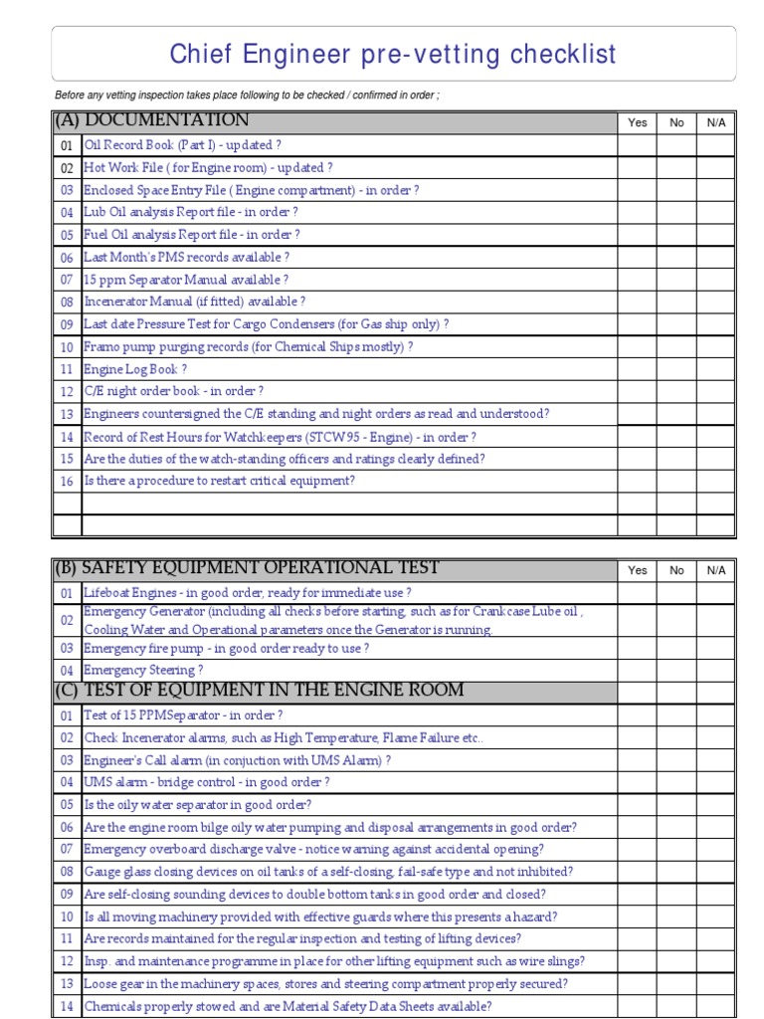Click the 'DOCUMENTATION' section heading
pyautogui.click(x=166, y=121)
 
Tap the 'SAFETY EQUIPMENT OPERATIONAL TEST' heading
pyautogui.click(x=260, y=568)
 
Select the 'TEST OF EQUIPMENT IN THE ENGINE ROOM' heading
pyautogui.click(x=274, y=691)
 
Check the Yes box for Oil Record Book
pyautogui.click(x=638, y=145)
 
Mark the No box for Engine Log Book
pyautogui.click(x=676, y=369)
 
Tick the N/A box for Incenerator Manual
pyautogui.click(x=715, y=302)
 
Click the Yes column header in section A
pyautogui.click(x=638, y=122)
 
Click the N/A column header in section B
pyautogui.click(x=715, y=570)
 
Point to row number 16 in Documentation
pyautogui.click(x=67, y=482)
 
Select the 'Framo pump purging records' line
pyautogui.click(x=248, y=346)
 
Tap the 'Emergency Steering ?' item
pyautogui.click(x=143, y=670)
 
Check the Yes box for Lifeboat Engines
pyautogui.click(x=638, y=593)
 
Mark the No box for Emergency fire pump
pyautogui.click(x=676, y=648)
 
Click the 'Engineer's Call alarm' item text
pyautogui.click(x=237, y=760)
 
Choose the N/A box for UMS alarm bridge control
pyautogui.click(x=715, y=782)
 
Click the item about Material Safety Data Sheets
pyautogui.click(x=287, y=1006)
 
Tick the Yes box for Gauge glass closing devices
pyautogui.click(x=638, y=872)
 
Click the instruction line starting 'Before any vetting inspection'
pyautogui.click(x=247, y=95)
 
